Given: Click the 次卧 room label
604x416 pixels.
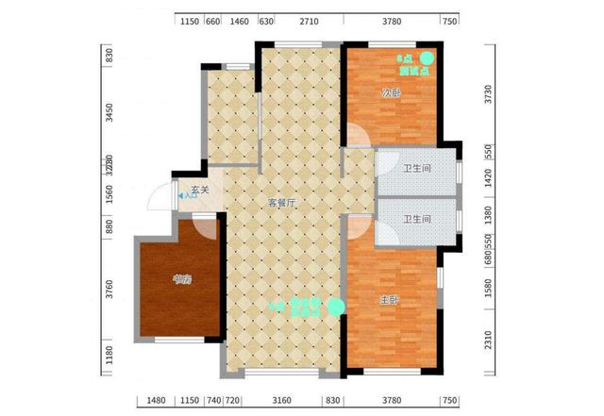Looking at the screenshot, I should [391, 93].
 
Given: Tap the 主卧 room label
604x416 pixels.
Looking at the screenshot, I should [389, 299].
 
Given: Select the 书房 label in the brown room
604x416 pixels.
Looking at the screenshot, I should [182, 278].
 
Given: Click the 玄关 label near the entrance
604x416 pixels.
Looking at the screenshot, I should [200, 190].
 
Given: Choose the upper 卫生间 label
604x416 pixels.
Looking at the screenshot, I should [416, 170].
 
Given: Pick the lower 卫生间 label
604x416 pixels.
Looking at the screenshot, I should [416, 219].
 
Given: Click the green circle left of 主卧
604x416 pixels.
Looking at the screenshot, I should [336, 306].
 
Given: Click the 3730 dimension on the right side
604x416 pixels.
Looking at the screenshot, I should [488, 93].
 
